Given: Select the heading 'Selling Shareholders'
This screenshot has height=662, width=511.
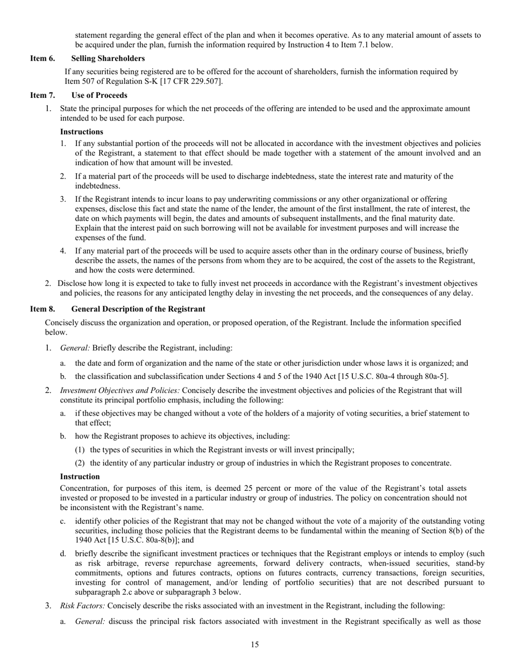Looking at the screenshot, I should (x=108, y=58).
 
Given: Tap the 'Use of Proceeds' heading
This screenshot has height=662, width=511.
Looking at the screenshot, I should (x=99, y=95).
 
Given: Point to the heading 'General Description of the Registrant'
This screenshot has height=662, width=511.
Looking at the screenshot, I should (x=138, y=309).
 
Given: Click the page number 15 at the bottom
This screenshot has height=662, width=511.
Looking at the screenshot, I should (x=255, y=645).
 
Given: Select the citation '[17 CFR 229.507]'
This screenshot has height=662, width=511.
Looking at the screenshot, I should (x=190, y=81).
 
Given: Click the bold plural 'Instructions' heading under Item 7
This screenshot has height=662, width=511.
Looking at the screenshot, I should (x=81, y=131).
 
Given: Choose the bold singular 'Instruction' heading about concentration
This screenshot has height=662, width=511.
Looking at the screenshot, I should (x=80, y=476).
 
